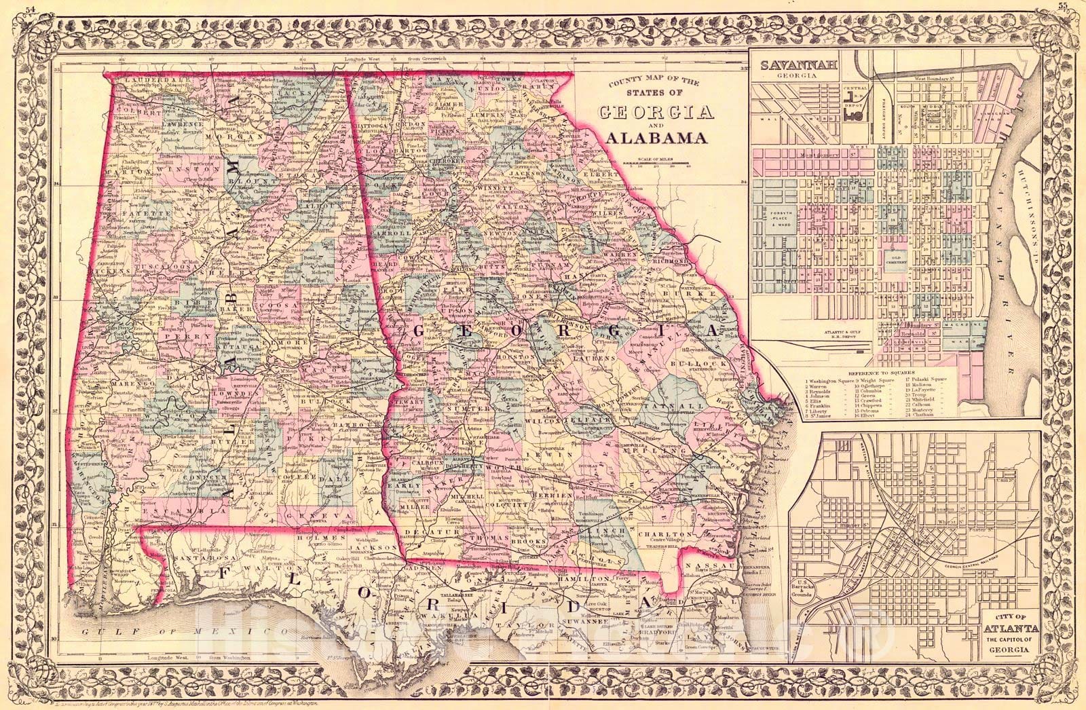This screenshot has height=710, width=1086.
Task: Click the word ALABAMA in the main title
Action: pos(654,138)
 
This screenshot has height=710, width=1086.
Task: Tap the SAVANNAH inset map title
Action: pos(792,67)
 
